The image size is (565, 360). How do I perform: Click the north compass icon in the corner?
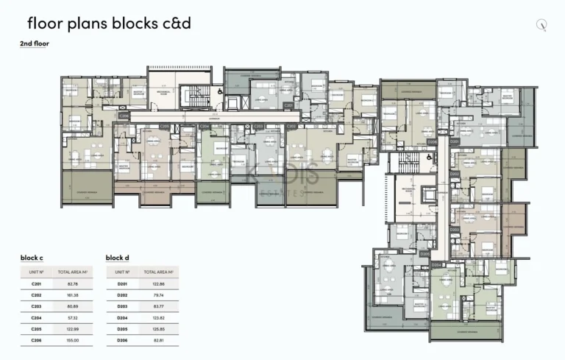(x=543, y=24)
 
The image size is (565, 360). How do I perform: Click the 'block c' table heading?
(x=31, y=258)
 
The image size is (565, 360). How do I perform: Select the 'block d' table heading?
(x=117, y=258)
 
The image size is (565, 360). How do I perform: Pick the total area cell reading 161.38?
(x=73, y=294)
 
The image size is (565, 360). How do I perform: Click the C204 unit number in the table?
(x=35, y=317)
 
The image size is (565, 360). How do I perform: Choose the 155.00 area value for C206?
(x=73, y=340)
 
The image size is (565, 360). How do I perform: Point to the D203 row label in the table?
(x=122, y=306)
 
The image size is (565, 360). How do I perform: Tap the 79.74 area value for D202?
(x=159, y=294)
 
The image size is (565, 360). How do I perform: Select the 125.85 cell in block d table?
(x=159, y=328)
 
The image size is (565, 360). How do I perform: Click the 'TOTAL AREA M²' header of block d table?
(x=159, y=272)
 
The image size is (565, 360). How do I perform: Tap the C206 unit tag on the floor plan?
(x=124, y=116)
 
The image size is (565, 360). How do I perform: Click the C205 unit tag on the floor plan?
(x=164, y=127)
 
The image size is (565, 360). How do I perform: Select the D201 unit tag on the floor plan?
(x=454, y=140)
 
